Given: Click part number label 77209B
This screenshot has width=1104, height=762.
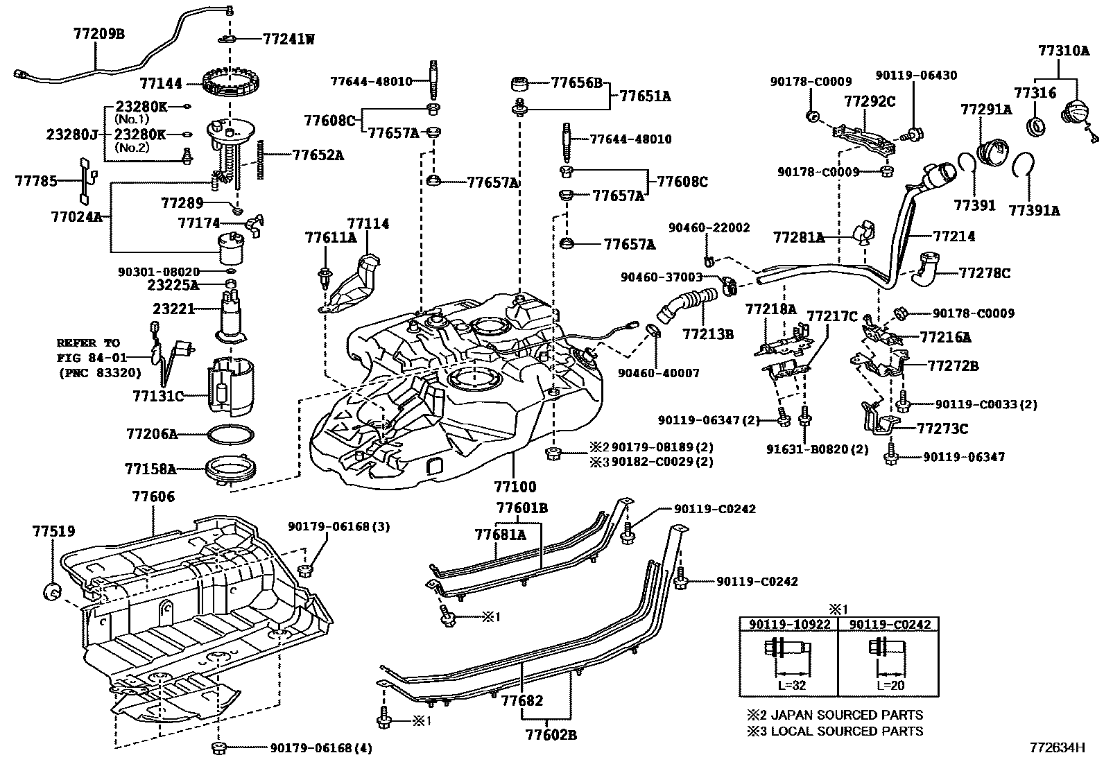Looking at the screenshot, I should (98, 33).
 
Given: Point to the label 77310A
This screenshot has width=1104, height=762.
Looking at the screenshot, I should (1064, 51).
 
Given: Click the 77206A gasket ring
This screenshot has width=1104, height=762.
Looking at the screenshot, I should (230, 435).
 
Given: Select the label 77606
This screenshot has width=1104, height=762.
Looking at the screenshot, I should (153, 496).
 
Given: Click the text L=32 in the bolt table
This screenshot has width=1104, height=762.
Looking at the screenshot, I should (789, 684).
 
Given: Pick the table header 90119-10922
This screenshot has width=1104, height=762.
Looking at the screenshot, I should (788, 625).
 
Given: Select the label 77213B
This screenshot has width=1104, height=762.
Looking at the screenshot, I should (707, 334).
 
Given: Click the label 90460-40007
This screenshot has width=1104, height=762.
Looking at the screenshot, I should (658, 373).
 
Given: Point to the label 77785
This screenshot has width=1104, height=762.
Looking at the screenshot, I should (36, 181).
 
